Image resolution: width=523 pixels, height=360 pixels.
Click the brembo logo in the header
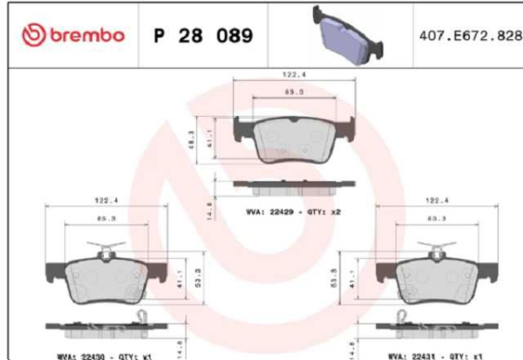click(x=73, y=36)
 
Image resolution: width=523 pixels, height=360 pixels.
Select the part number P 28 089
click(x=202, y=37)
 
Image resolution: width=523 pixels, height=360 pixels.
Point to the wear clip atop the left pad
click(x=106, y=252)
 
